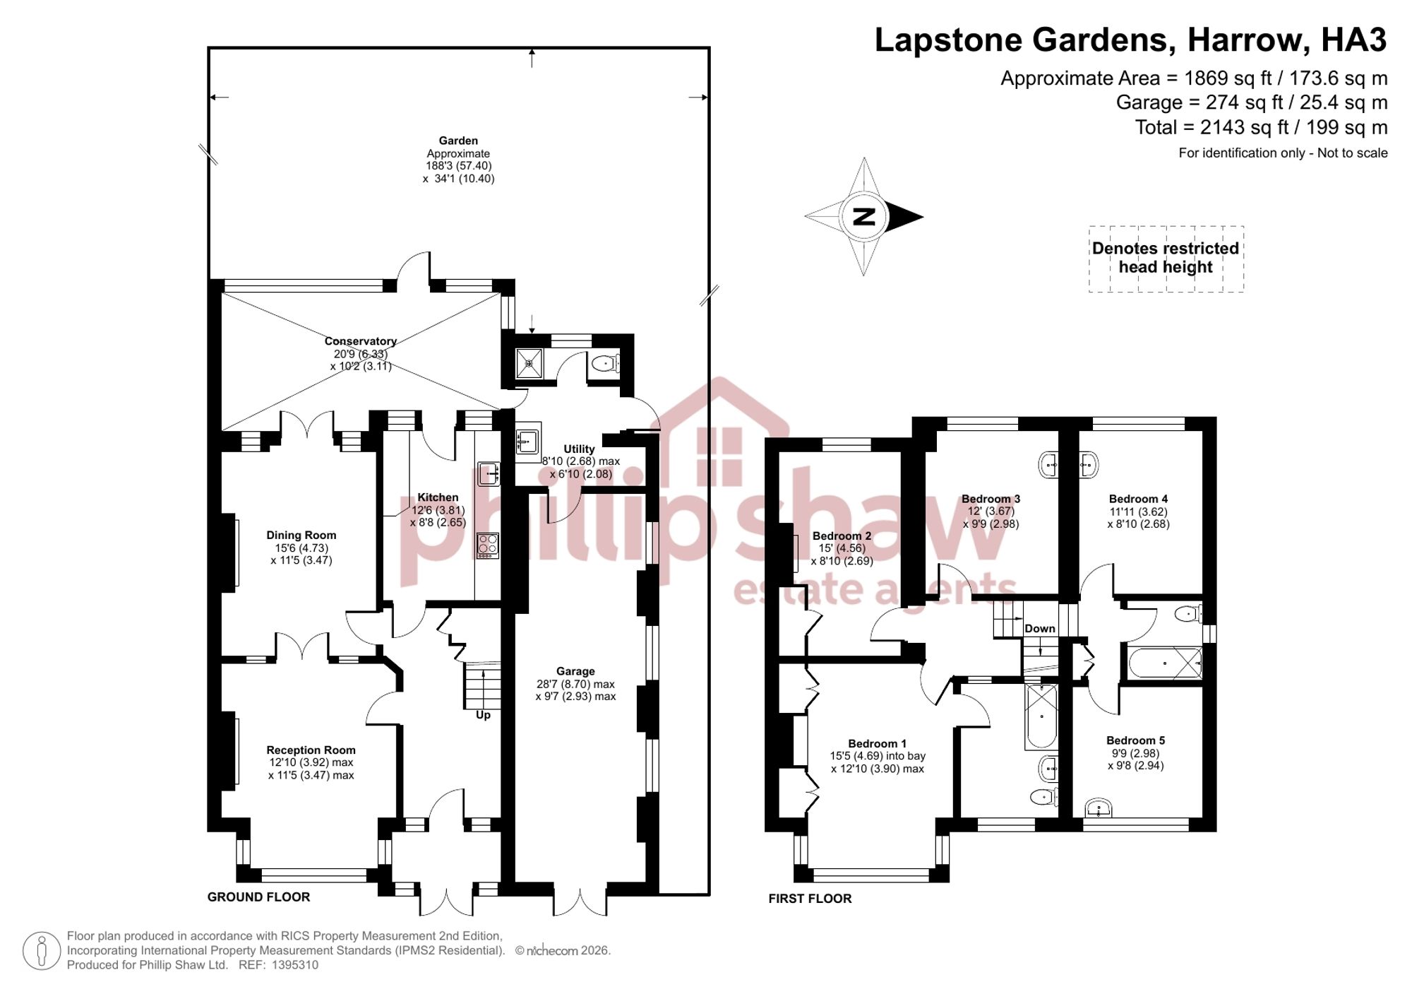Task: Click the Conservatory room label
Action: click(x=361, y=341)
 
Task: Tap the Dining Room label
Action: click(x=301, y=536)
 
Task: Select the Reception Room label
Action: click(x=311, y=750)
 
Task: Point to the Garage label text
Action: click(x=575, y=671)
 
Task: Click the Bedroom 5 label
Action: click(x=1135, y=740)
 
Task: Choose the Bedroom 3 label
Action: click(x=991, y=499)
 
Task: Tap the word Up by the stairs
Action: click(x=483, y=715)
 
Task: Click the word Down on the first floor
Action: click(x=1040, y=629)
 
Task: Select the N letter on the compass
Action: click(x=864, y=217)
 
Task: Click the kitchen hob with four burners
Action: click(x=488, y=545)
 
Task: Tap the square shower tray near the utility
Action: click(x=529, y=363)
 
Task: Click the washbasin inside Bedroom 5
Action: click(x=1098, y=808)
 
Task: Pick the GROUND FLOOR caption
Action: click(x=258, y=897)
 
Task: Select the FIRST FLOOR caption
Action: click(x=810, y=899)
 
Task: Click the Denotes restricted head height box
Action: click(x=1166, y=259)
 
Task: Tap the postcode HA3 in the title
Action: click(x=1353, y=40)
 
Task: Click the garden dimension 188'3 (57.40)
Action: click(x=458, y=166)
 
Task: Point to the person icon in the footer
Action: click(x=42, y=950)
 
